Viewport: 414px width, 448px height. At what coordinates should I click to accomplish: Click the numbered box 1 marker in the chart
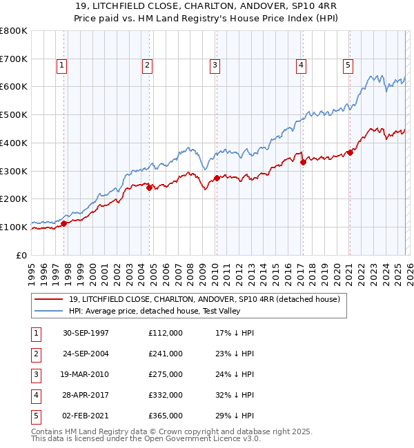tap(62, 65)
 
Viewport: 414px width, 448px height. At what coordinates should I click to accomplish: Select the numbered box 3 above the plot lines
tap(215, 65)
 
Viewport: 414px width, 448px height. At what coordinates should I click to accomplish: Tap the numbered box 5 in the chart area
tap(348, 65)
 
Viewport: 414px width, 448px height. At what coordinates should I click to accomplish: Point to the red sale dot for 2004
tap(149, 187)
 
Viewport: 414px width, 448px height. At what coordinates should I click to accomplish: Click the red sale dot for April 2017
tap(303, 162)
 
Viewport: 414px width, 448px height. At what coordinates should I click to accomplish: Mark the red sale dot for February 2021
tap(350, 152)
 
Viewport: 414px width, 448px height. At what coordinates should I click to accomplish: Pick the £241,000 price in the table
tap(166, 354)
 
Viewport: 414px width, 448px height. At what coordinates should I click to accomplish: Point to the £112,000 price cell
tap(166, 333)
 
